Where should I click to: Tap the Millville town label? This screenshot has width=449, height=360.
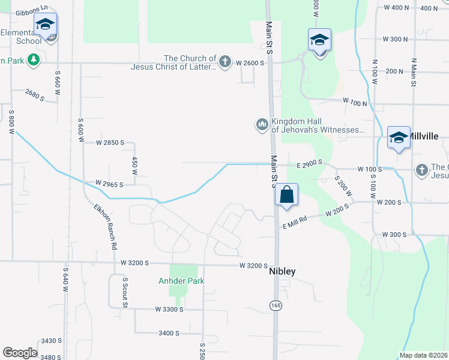(x=423, y=136)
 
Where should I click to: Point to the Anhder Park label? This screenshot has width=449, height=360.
(x=181, y=281)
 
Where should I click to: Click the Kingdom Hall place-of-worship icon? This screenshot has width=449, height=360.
(x=261, y=125)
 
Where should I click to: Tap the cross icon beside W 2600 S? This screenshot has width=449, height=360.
(x=224, y=62)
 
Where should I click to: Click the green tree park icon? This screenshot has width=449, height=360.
(x=34, y=60)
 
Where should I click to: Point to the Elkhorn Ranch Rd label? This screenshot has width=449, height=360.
(x=106, y=227)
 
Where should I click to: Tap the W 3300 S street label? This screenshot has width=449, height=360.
(x=169, y=309)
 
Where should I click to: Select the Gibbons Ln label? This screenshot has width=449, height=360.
(x=31, y=11)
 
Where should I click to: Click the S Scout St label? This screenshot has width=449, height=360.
(x=125, y=292)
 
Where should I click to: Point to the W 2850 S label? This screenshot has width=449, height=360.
(x=110, y=143)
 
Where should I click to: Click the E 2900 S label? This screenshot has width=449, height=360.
(x=309, y=163)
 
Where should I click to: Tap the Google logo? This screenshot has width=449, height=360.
(x=20, y=352)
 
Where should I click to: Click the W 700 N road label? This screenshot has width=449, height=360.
(x=355, y=104)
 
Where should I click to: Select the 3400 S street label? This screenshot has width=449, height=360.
(x=169, y=333)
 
